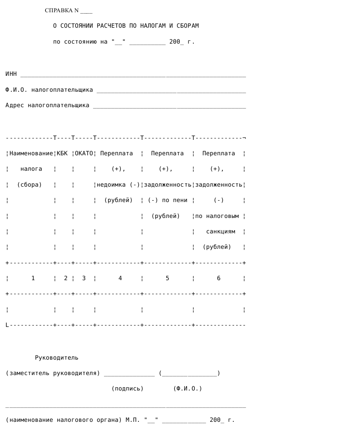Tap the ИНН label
11,74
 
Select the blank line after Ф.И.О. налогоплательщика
171,90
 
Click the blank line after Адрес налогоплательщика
169,106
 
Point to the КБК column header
62,153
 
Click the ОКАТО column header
84,153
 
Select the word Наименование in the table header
31,153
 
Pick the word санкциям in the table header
221,232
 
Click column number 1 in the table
33,278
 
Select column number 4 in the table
120,278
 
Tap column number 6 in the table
218,278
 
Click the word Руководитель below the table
56,358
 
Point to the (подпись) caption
127,389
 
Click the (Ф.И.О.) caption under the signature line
187,389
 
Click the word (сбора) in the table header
30,185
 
